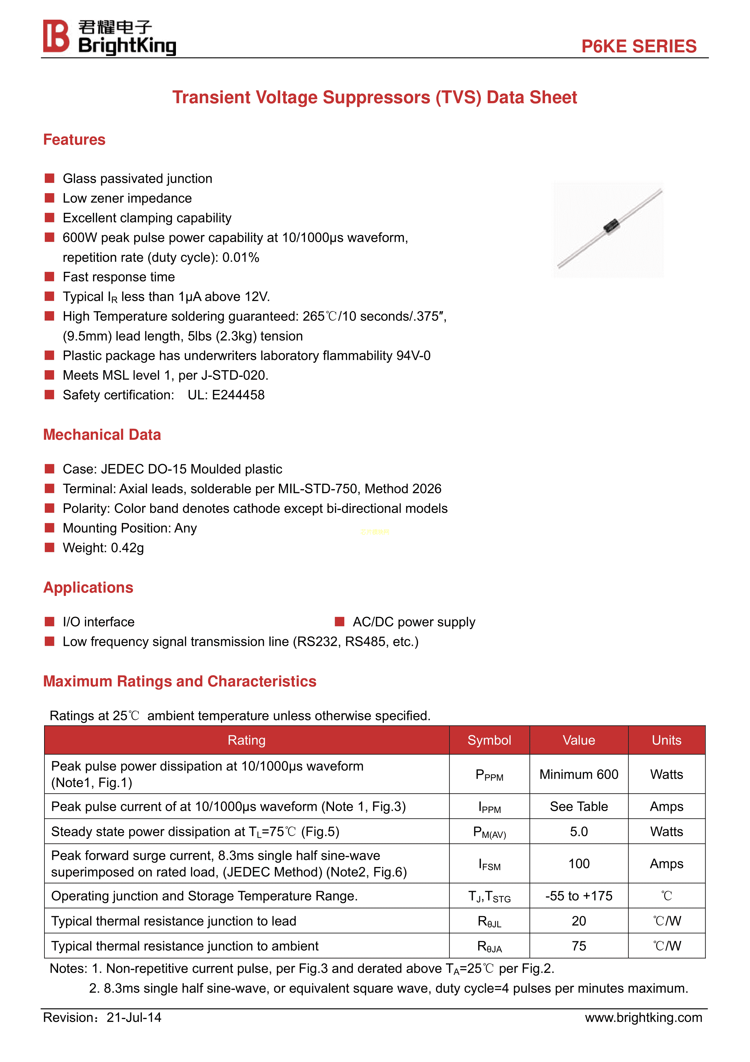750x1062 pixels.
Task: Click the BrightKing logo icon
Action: pos(56,36)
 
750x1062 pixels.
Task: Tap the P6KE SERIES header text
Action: pos(639,46)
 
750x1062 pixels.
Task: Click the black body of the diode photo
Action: pos(611,227)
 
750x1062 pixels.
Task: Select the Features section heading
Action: pos(74,140)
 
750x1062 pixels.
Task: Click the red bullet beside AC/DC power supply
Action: pos(340,622)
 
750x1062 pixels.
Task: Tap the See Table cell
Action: pos(579,807)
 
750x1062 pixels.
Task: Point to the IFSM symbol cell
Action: pos(489,864)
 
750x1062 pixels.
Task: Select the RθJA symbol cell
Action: pos(489,946)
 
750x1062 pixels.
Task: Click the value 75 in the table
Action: pos(579,946)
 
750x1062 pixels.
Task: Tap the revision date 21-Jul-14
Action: pos(134,1018)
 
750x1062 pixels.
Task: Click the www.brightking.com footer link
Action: pos(643,1018)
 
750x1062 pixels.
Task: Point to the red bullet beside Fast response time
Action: pos(50,277)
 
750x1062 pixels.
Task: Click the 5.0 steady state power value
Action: pos(579,832)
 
